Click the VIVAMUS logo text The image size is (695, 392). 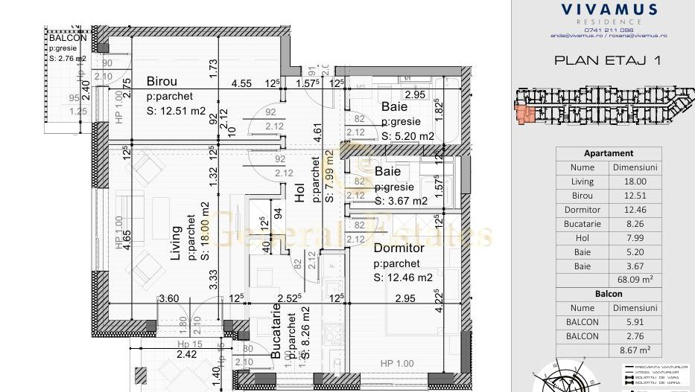[x=609, y=10]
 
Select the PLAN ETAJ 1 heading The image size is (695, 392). [x=608, y=61]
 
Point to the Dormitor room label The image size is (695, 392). [x=399, y=248]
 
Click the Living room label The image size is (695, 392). [x=177, y=244]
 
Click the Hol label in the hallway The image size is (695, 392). [x=299, y=194]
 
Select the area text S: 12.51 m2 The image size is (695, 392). [x=176, y=112]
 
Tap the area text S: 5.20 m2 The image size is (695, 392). [x=407, y=136]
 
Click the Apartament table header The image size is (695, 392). [x=609, y=153]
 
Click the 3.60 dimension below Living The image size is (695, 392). [x=169, y=299]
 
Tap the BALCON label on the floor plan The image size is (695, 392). [x=68, y=38]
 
